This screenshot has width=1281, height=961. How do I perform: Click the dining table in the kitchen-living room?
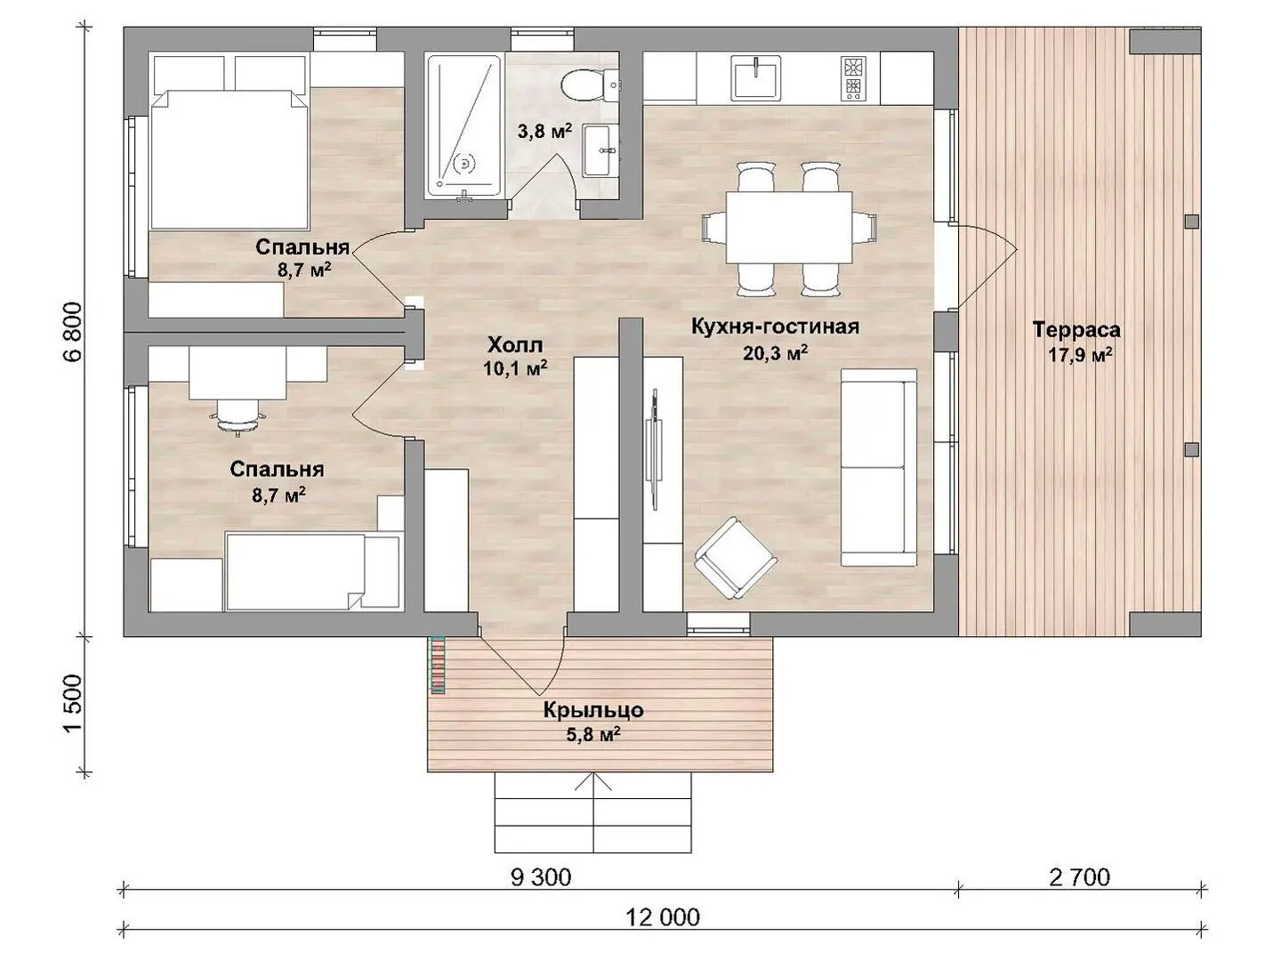click(788, 228)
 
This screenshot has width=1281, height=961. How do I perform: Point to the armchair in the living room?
click(736, 558)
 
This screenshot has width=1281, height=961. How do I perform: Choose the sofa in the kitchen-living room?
click(878, 467)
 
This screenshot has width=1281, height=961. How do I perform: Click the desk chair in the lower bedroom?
click(238, 416)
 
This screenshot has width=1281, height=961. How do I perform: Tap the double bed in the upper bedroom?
click(229, 159)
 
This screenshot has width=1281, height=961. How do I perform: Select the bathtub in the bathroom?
click(463, 126)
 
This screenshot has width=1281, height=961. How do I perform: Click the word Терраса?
click(1076, 329)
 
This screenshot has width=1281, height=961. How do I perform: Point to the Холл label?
click(515, 345)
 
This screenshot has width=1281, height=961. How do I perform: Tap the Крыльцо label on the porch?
click(593, 710)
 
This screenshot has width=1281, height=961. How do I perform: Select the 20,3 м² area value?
click(775, 352)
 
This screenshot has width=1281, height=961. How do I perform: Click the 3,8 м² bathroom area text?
click(544, 131)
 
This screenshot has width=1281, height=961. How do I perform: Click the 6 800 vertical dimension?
click(75, 332)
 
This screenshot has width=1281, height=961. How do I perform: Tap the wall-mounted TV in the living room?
click(655, 450)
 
